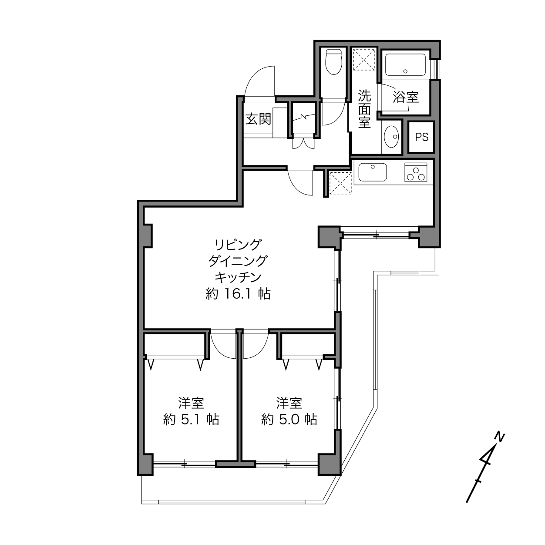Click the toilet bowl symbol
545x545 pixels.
(x=333, y=62)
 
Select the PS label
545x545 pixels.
(x=421, y=137)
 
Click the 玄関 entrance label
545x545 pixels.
(x=258, y=119)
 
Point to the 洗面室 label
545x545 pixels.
(x=364, y=109)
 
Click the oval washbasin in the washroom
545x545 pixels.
(x=391, y=136)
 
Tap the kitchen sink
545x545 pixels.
(x=372, y=172)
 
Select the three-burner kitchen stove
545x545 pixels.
(x=415, y=172)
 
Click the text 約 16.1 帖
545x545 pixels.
(x=238, y=294)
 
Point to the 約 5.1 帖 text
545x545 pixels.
(x=191, y=420)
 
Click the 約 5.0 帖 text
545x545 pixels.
(x=289, y=420)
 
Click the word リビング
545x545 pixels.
(x=237, y=245)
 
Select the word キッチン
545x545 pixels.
(x=238, y=277)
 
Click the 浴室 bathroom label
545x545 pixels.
(x=406, y=98)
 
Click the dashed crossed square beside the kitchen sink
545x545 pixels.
(x=341, y=183)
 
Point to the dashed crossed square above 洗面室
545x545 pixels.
(x=364, y=59)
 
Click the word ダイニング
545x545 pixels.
(x=238, y=261)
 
